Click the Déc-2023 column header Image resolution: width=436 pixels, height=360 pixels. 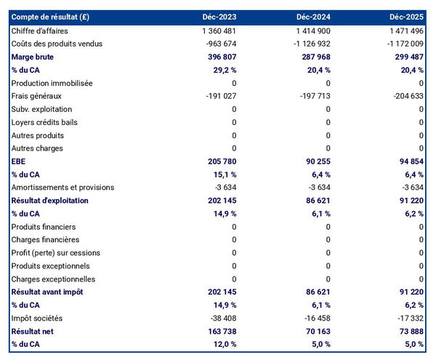point(221,17)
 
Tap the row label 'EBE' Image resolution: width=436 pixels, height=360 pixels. point(20,161)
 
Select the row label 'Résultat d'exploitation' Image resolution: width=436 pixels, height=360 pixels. point(49,201)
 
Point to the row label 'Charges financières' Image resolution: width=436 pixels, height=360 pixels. point(45,240)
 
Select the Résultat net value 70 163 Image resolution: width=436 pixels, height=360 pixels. point(314,332)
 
